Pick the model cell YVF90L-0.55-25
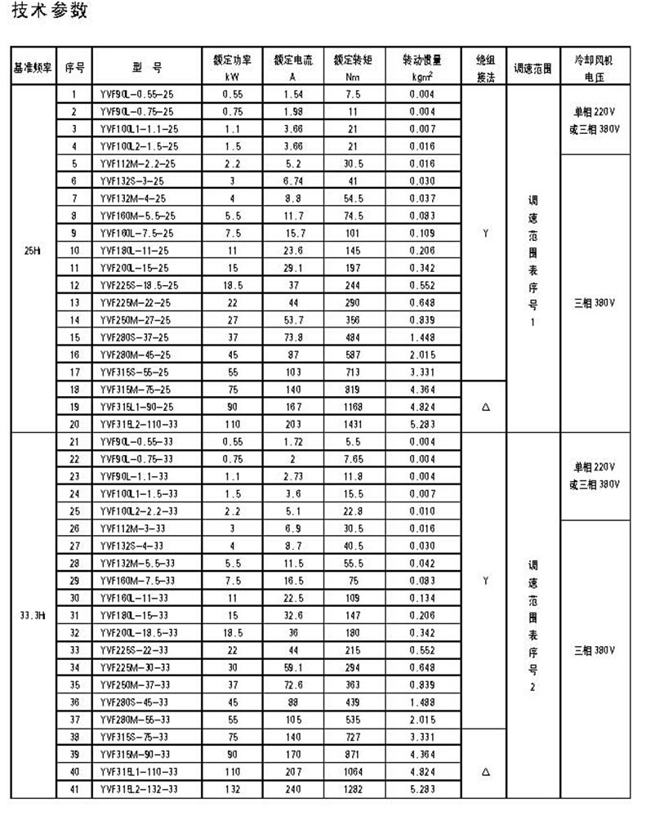pyautogui.click(x=136, y=95)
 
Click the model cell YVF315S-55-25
pyautogui.click(x=136, y=371)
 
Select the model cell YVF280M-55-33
pyautogui.click(x=136, y=720)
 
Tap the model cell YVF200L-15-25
pyautogui.click(x=136, y=267)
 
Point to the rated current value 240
pyautogui.click(x=293, y=789)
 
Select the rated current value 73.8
pyautogui.click(x=293, y=337)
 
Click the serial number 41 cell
pyautogui.click(x=74, y=789)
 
